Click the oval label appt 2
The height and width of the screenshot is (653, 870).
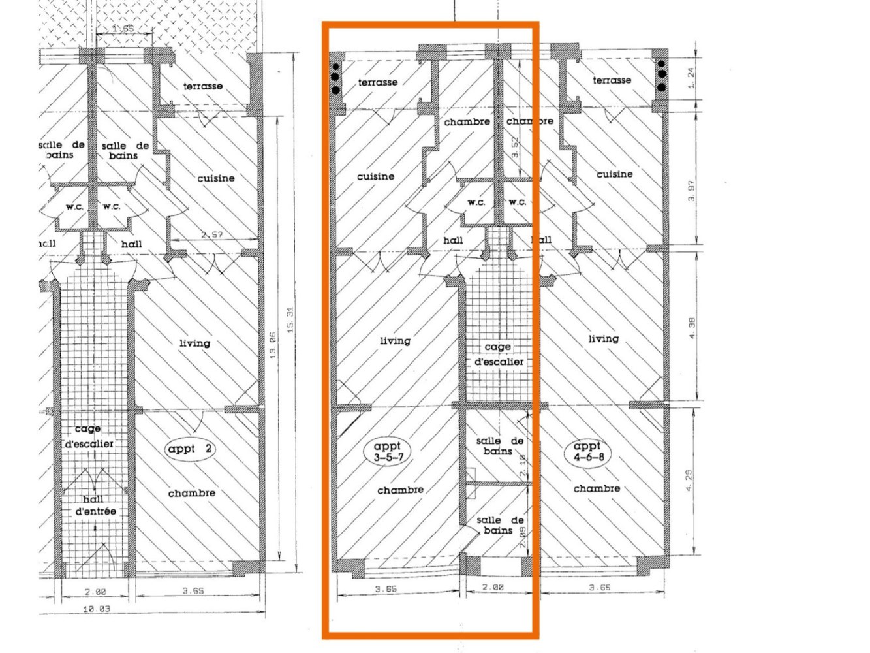pos(191,449)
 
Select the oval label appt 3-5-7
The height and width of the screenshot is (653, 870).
pos(388,451)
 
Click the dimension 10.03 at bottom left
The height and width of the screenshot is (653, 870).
pos(96,608)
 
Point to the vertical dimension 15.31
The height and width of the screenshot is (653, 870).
pos(290,320)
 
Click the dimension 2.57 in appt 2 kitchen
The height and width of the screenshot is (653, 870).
pos(211,234)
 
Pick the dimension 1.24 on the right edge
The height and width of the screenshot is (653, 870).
pos(691,78)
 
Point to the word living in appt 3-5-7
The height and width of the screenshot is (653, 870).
pos(395,341)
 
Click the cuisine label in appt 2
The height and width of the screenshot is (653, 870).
pos(215,178)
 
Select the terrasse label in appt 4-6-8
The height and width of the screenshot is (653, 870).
pos(612,80)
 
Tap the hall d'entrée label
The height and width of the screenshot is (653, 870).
pos(95,505)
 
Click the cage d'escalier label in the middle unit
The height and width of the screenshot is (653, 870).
pos(499,354)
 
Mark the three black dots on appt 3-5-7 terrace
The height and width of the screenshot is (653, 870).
pos(336,78)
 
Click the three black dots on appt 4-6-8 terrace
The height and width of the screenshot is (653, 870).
pos(660,76)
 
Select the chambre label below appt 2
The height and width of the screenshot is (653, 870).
pos(191,493)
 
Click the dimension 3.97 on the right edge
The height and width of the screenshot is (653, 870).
pos(691,190)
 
